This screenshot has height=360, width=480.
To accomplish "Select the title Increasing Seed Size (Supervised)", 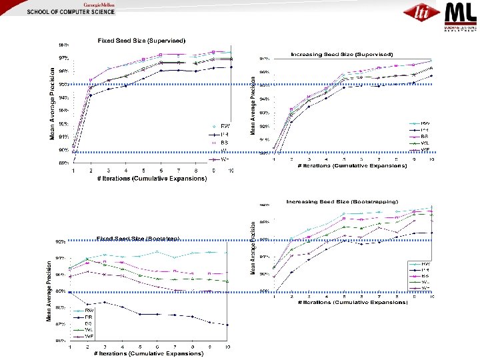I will pyautogui.click(x=341, y=53).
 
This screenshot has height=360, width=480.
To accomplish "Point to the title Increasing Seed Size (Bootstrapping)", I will pyautogui.click(x=341, y=201).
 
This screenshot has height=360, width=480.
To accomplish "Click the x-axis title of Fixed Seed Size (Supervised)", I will pyautogui.click(x=151, y=179).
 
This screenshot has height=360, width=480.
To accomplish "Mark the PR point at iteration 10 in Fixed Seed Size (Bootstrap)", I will pyautogui.click(x=227, y=325).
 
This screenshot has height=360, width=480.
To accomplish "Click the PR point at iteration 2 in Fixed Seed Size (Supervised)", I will pyautogui.click(x=91, y=95).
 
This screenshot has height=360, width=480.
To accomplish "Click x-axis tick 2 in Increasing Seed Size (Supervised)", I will pyautogui.click(x=291, y=160).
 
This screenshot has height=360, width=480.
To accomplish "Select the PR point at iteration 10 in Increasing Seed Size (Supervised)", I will pyautogui.click(x=431, y=75).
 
